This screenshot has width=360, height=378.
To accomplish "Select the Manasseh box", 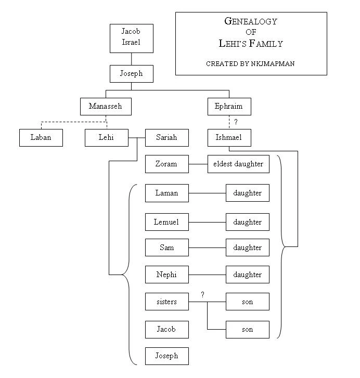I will [105, 106].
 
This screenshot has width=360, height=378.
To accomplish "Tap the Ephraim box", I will [228, 106].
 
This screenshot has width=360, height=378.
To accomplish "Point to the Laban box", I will [41, 138].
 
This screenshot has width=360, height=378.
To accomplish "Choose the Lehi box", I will [106, 138].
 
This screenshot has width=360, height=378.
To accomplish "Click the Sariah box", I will [166, 138].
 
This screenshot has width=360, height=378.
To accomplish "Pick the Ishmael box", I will [228, 138].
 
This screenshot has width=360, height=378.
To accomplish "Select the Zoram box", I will [166, 164].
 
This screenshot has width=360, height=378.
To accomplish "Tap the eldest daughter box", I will [238, 164].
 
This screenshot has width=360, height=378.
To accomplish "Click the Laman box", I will [166, 193].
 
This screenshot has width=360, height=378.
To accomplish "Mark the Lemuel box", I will [166, 222].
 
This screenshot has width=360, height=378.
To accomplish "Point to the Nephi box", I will [166, 275].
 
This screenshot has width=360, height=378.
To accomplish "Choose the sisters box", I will [166, 302].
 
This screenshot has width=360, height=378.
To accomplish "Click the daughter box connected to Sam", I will [247, 247].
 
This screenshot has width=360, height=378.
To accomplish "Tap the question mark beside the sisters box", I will [203, 295].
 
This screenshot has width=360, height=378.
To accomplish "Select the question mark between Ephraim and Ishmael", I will [236, 122].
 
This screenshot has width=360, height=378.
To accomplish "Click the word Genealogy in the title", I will [250, 22].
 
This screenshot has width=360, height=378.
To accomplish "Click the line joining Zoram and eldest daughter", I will [198, 164].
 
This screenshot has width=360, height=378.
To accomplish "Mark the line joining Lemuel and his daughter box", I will [207, 222].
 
